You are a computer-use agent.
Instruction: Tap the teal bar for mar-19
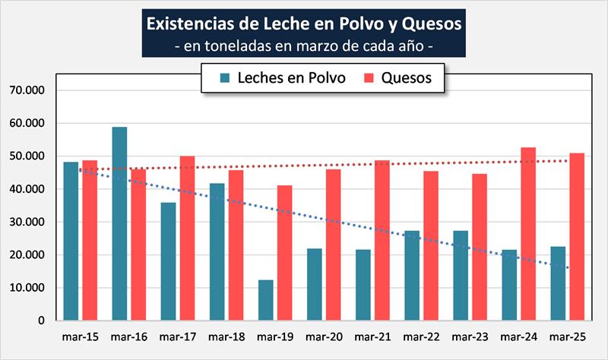pyautogui.click(x=265, y=300)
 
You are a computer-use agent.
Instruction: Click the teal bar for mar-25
pyautogui.click(x=558, y=283)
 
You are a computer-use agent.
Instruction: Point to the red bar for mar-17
pyautogui.click(x=187, y=238)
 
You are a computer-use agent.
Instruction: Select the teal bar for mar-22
pyautogui.click(x=411, y=276)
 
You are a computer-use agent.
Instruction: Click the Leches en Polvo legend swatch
pyautogui.click(x=225, y=77)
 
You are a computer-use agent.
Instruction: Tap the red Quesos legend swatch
pyautogui.click(x=369, y=77)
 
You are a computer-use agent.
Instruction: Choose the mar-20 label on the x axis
pyautogui.click(x=323, y=336)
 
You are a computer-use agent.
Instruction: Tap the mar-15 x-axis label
pyautogui.click(x=80, y=336)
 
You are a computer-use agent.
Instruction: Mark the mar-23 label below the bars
pyautogui.click(x=469, y=336)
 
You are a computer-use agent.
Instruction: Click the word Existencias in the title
pyautogui.click(x=191, y=24)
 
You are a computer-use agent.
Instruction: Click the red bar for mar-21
pyautogui.click(x=382, y=241)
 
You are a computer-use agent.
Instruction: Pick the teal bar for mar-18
pyautogui.click(x=217, y=252)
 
